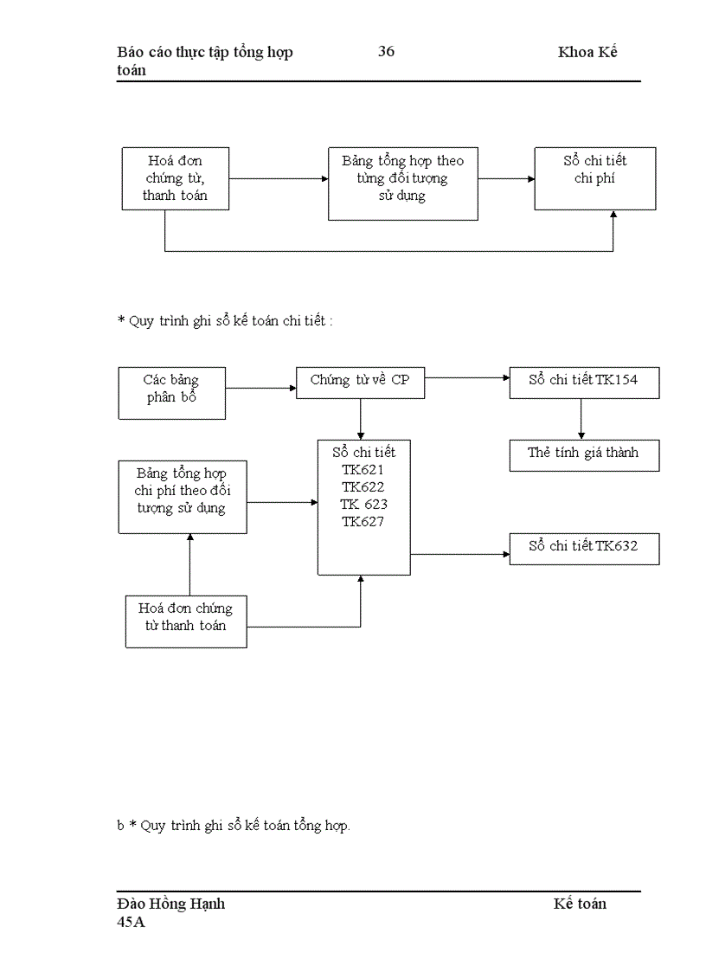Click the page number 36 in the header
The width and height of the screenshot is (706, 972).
point(386,52)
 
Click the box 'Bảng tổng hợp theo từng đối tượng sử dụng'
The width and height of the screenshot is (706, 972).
point(402,183)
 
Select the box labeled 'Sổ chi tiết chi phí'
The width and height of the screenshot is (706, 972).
point(594,177)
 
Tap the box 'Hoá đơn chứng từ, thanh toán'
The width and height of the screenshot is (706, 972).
point(175,177)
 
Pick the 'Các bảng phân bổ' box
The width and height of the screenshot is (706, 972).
point(171,392)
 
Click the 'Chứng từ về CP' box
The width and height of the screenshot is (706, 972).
point(360,382)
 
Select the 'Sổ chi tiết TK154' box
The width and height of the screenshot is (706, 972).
point(583,382)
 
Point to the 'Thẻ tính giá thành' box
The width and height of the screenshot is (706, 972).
point(583,454)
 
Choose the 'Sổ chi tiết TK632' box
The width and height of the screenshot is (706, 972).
point(583,548)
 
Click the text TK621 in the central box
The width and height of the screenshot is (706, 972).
point(363,470)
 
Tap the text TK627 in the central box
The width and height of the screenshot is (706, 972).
point(363,522)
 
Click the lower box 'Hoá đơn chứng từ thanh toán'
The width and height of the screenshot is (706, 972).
point(185,620)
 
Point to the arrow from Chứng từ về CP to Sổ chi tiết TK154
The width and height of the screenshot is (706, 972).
point(467,378)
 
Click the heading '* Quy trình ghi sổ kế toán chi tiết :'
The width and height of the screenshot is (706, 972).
point(225,321)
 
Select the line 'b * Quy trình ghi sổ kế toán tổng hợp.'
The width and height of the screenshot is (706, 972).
point(234,826)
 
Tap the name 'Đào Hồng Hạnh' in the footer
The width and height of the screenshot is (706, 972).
point(171,904)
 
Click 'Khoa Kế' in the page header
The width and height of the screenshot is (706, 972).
point(587,52)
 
